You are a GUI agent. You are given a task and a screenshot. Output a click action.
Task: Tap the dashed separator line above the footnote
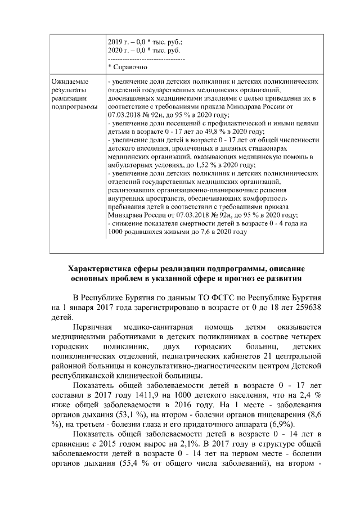(x=146, y=58)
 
